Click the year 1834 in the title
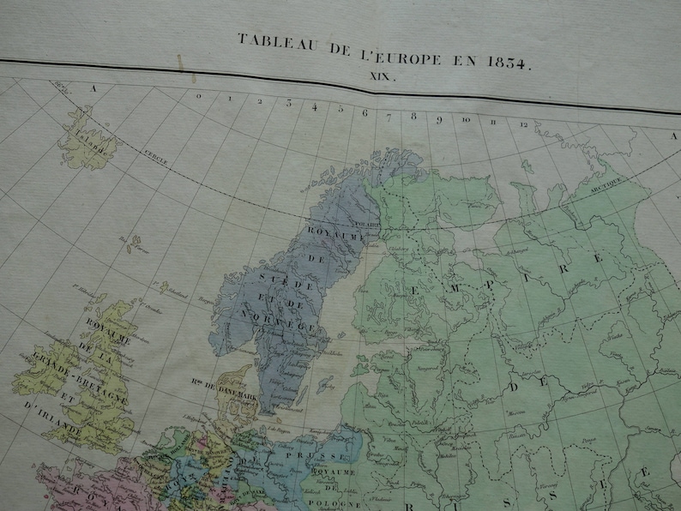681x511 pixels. pyautogui.click(x=509, y=63)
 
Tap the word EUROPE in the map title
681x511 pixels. pyautogui.click(x=415, y=60)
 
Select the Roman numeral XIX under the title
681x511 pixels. pyautogui.click(x=382, y=77)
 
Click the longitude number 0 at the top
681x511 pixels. pyautogui.click(x=198, y=96)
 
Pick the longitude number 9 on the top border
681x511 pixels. pyautogui.click(x=439, y=118)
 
